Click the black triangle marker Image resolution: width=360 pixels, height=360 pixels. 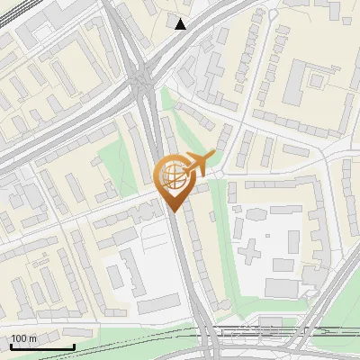pyautogui.click(x=181, y=24)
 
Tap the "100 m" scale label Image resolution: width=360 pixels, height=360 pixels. pyautogui.click(x=23, y=338)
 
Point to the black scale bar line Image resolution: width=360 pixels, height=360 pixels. pyautogui.click(x=41, y=346)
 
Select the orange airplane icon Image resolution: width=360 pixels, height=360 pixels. pyautogui.click(x=197, y=163)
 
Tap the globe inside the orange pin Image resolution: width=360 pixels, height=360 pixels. pyautogui.click(x=172, y=177)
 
